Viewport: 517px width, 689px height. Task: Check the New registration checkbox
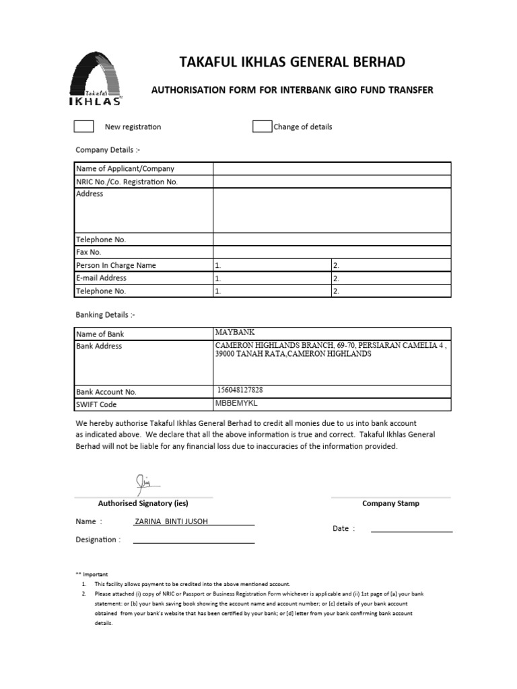[83, 126]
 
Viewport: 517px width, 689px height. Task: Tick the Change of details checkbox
[262, 126]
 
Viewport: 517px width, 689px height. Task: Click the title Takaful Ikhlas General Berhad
[292, 63]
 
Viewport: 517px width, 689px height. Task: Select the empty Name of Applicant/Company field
[332, 169]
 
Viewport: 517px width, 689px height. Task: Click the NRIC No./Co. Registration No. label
[127, 182]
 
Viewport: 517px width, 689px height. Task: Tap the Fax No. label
[88, 252]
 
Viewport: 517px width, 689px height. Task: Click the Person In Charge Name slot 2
[391, 265]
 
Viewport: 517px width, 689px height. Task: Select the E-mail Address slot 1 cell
[272, 278]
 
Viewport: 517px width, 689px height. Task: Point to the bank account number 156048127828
[240, 390]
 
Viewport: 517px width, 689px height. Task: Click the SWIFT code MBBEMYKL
[236, 403]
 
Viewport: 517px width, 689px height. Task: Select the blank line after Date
[411, 529]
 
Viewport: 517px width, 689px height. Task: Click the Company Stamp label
[390, 503]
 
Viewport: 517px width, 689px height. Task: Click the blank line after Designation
[194, 540]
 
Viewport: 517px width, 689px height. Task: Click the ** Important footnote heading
[92, 574]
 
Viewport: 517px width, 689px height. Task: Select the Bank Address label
[99, 346]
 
